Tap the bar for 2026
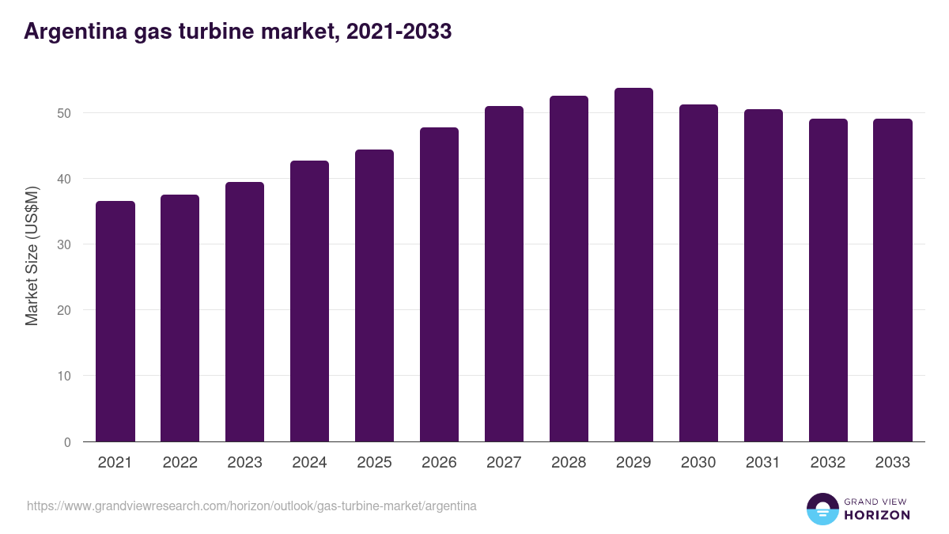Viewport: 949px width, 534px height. click(x=439, y=285)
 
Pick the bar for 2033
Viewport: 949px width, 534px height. click(x=893, y=280)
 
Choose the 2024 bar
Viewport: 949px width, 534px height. click(x=309, y=301)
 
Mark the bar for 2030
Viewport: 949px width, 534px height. click(x=698, y=273)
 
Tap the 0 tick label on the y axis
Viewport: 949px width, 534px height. click(x=67, y=442)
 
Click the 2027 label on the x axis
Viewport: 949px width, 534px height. click(x=504, y=463)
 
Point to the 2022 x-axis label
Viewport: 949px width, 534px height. click(x=180, y=463)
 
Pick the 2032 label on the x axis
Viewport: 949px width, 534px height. click(x=828, y=463)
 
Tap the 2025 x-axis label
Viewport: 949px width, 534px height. click(x=374, y=463)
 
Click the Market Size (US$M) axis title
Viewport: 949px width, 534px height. click(x=32, y=256)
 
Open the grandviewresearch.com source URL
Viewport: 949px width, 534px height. click(x=251, y=506)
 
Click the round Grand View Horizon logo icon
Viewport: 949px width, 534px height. click(x=822, y=509)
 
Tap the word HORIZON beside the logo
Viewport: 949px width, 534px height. click(x=877, y=515)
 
